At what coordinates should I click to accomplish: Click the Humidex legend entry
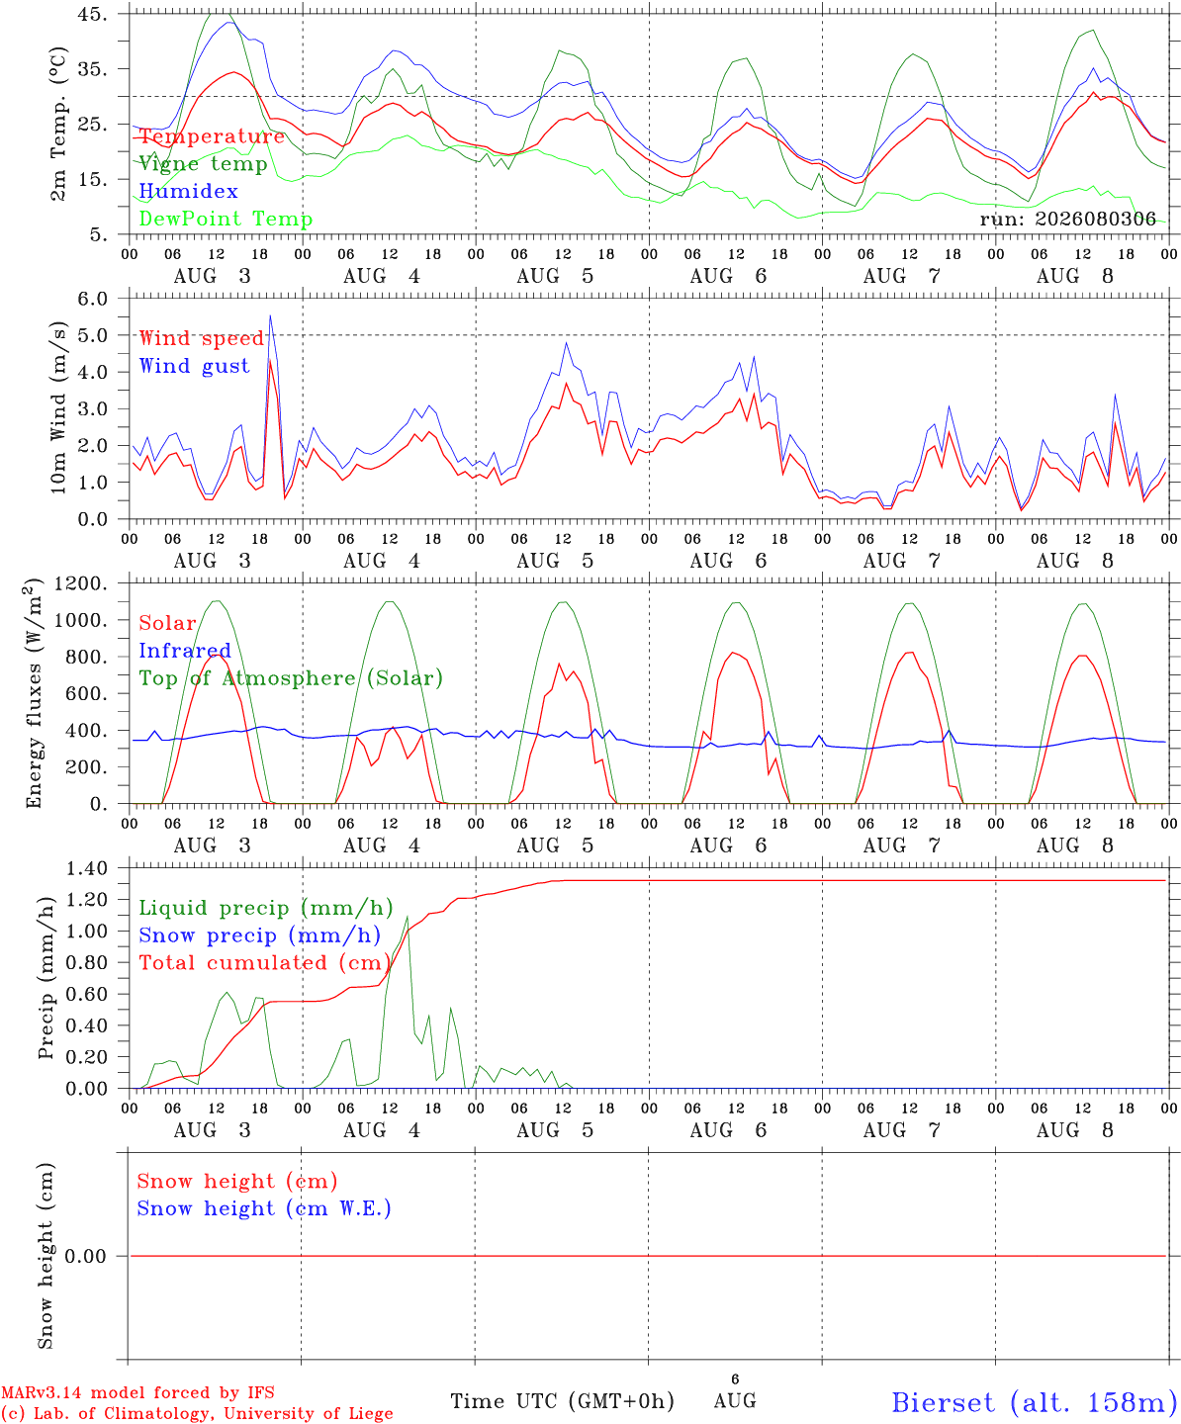click(x=188, y=191)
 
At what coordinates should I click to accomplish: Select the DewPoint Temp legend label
click(x=226, y=219)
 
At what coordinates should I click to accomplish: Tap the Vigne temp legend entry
click(x=204, y=164)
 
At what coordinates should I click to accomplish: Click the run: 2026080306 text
click(x=1067, y=219)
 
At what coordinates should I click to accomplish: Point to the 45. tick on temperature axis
click(x=93, y=14)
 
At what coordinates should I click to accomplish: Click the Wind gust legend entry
click(x=195, y=366)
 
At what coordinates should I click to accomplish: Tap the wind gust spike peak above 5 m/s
click(x=270, y=315)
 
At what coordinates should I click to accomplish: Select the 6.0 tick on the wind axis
click(x=93, y=299)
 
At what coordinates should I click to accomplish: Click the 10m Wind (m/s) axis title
click(x=58, y=407)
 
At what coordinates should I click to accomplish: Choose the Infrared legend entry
click(x=185, y=651)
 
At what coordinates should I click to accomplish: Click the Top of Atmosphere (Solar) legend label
click(x=292, y=678)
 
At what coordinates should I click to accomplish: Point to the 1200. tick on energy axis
click(x=82, y=583)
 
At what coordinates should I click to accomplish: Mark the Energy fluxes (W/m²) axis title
click(x=33, y=693)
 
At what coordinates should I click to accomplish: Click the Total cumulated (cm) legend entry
click(x=265, y=962)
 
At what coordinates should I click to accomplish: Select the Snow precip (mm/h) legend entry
click(x=260, y=935)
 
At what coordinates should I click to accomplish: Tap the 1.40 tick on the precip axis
click(x=87, y=868)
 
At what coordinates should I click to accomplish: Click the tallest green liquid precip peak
click(x=408, y=918)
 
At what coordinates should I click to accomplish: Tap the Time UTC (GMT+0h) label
click(x=562, y=1401)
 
